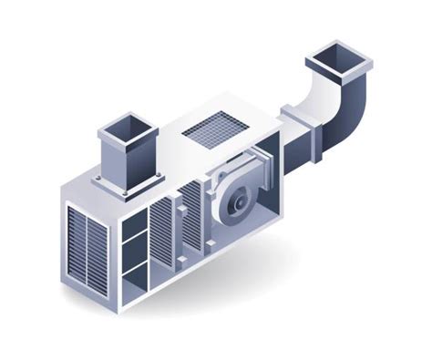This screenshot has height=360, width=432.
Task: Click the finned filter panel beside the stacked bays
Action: tap(161, 235)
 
